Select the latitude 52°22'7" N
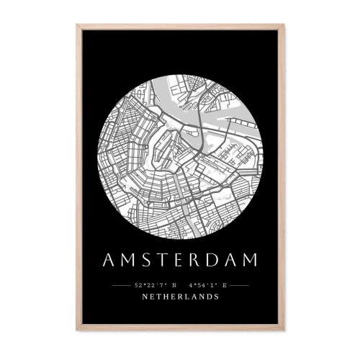coord(157,286)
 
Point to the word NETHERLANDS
coord(180,297)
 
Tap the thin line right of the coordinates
coord(239,286)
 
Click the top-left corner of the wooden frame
coord(78,26)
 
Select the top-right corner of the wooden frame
coord(283,26)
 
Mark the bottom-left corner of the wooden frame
coord(78,329)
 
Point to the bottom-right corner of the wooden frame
coord(283,329)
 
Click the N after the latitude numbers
coord(173,286)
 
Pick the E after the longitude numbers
coord(225,286)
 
